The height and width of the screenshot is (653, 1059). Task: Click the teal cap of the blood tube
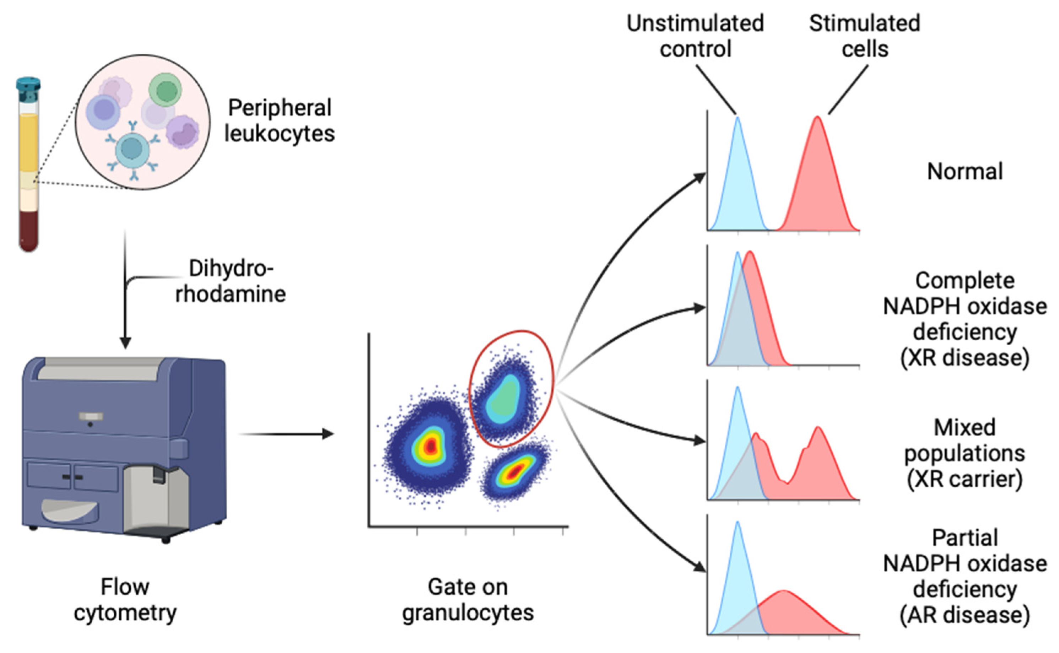tap(28, 85)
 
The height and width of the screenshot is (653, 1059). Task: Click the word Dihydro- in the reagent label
tap(231, 269)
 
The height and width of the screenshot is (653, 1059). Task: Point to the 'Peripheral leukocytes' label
tap(279, 120)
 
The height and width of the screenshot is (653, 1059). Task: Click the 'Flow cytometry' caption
tap(125, 599)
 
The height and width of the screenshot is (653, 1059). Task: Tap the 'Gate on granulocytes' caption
tap(468, 599)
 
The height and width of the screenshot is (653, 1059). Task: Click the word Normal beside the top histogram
tap(965, 172)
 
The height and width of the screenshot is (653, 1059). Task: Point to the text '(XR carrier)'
tap(965, 479)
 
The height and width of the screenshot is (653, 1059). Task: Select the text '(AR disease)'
tap(965, 615)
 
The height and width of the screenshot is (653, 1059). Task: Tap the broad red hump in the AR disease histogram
tap(790, 613)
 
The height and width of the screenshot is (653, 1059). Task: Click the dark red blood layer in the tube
tap(28, 229)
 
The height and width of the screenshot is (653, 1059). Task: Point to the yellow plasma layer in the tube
tap(28, 142)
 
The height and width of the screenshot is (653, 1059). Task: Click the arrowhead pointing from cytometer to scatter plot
tap(329, 433)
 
